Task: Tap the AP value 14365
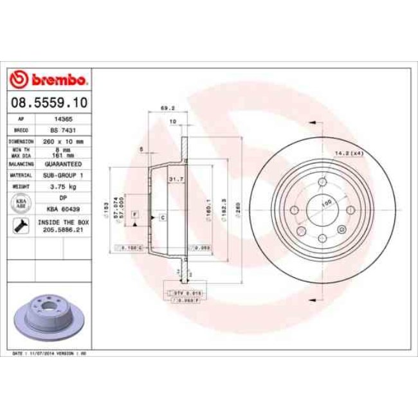tap(63, 120)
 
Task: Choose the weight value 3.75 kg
tap(63, 186)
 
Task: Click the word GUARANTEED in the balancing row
tap(63, 164)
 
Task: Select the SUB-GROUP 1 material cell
tap(63, 175)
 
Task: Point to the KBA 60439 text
tap(63, 209)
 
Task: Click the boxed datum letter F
tap(134, 214)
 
